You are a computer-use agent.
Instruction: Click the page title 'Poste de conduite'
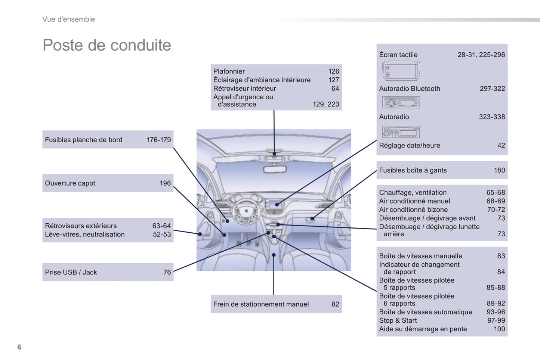(107, 45)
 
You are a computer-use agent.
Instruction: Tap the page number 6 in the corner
(19, 347)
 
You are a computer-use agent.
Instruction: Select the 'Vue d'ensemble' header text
(68, 19)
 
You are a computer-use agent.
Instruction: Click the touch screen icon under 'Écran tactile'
(401, 71)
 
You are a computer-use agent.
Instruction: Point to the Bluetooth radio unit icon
(401, 102)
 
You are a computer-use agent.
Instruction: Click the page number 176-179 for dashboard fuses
(158, 140)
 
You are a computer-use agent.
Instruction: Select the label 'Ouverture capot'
(70, 183)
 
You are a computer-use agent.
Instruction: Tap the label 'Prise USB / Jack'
(71, 272)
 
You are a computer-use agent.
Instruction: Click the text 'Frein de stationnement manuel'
(261, 304)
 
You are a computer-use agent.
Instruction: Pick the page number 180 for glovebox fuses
(499, 170)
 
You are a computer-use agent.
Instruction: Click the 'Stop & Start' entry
(398, 320)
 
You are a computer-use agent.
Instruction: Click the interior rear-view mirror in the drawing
(275, 169)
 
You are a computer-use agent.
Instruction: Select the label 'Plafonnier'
(229, 71)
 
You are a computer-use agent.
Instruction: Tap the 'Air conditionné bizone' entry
(413, 210)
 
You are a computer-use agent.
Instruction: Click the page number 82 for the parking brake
(335, 304)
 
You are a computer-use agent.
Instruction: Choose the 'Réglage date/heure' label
(410, 145)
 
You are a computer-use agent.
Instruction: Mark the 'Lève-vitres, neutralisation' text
(85, 234)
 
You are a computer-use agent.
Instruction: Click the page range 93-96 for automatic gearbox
(496, 312)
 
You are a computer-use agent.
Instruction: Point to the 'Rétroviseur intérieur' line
(244, 88)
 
